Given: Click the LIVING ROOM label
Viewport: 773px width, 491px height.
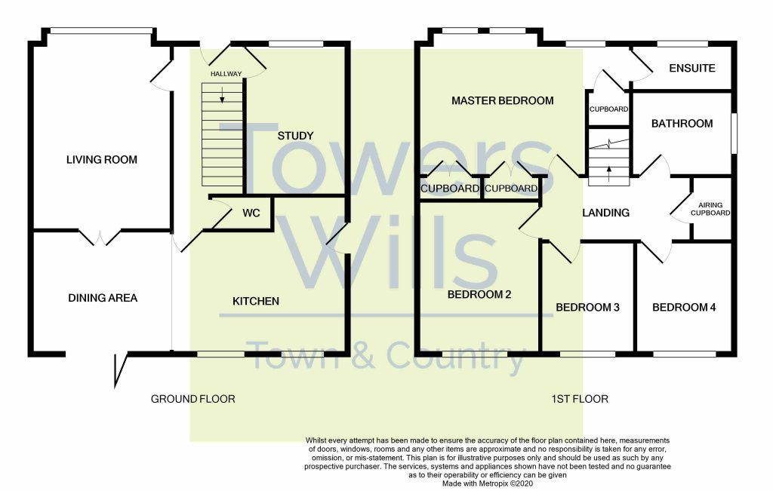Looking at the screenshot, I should [101, 160].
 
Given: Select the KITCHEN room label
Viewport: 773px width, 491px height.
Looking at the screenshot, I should [255, 301].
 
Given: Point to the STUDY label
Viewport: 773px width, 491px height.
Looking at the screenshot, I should [295, 136].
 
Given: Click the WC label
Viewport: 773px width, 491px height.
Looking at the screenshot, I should [251, 213].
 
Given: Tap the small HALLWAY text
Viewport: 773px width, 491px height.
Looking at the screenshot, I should [226, 74].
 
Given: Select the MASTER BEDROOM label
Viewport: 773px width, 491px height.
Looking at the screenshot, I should [502, 100].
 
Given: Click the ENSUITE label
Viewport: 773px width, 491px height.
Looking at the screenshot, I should [692, 68].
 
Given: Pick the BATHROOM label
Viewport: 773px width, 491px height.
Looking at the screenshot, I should [682, 124].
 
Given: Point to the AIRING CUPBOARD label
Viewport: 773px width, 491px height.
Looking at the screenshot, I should [714, 209].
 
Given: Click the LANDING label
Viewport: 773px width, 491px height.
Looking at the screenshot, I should [605, 213].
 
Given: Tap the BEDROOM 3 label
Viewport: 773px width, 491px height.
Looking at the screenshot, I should [587, 308].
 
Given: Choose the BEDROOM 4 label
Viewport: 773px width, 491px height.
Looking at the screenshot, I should [684, 308].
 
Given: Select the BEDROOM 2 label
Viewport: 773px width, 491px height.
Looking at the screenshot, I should [479, 295].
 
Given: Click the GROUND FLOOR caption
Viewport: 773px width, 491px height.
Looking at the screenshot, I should [193, 399].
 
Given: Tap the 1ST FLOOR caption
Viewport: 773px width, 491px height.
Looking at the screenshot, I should [580, 399].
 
